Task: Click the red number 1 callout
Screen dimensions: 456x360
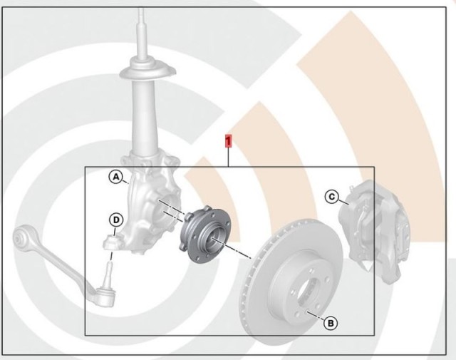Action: point(228,140)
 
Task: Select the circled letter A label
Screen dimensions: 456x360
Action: point(116,177)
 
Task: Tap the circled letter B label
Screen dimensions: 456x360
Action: point(331,323)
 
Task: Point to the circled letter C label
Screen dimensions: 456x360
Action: point(332,197)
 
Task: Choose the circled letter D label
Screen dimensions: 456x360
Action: point(116,220)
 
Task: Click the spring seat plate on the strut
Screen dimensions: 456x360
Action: point(147,69)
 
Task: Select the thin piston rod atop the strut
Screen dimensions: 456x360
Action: point(141,32)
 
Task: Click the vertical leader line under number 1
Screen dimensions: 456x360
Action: point(228,157)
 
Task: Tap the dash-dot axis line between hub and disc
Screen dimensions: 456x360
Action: point(232,248)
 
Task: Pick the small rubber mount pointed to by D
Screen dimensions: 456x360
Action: point(112,242)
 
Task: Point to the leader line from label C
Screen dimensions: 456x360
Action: point(343,202)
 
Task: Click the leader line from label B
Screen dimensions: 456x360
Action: point(316,316)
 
